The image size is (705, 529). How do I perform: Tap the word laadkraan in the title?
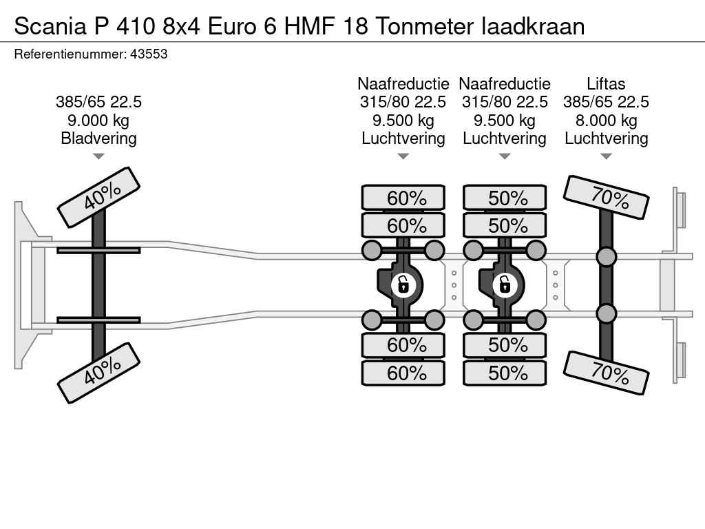click(x=534, y=26)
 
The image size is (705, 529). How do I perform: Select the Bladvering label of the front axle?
click(x=98, y=138)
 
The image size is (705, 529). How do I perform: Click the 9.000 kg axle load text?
click(x=98, y=121)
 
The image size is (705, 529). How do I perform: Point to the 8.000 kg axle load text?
click(x=606, y=121)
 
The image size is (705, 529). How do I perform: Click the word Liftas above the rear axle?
click(x=606, y=84)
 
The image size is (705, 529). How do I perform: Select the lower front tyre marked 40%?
click(x=98, y=373)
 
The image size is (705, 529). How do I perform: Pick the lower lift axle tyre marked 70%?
click(x=607, y=373)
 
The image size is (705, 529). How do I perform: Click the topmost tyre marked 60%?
click(x=403, y=198)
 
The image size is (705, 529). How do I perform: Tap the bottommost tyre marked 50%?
click(x=505, y=373)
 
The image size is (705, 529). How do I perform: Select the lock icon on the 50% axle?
click(x=504, y=284)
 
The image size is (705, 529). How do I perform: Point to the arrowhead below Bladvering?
click(x=98, y=156)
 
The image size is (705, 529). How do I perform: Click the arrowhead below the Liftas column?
click(x=606, y=156)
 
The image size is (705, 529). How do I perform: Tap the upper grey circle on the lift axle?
click(x=606, y=257)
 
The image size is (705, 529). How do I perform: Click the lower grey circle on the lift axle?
click(x=606, y=314)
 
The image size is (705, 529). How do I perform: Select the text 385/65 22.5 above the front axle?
click(x=98, y=102)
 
